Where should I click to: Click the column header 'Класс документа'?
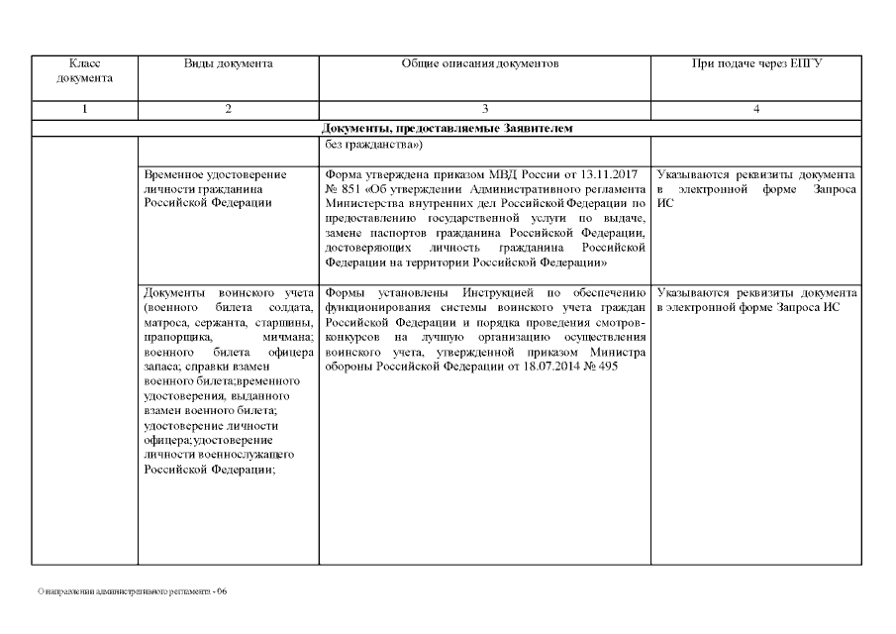pos(85,70)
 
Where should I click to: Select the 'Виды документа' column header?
pos(228,63)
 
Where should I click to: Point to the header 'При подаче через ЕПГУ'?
pos(756,63)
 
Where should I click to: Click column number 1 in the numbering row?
pos(85,110)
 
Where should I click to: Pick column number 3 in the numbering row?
pos(484,110)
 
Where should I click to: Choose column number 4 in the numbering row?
pos(756,110)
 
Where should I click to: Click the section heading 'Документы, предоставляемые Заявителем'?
pos(448,129)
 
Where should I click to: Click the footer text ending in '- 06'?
pos(132,591)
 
